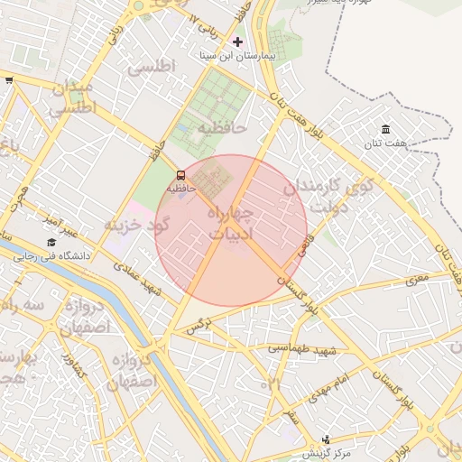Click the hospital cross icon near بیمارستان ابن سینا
point(238,42)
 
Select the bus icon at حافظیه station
point(180,174)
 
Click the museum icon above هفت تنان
point(385,130)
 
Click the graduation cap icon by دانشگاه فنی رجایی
point(51,243)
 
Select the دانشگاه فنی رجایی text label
point(52,256)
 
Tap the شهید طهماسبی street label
point(302,348)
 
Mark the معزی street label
point(417,280)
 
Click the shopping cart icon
point(9,80)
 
